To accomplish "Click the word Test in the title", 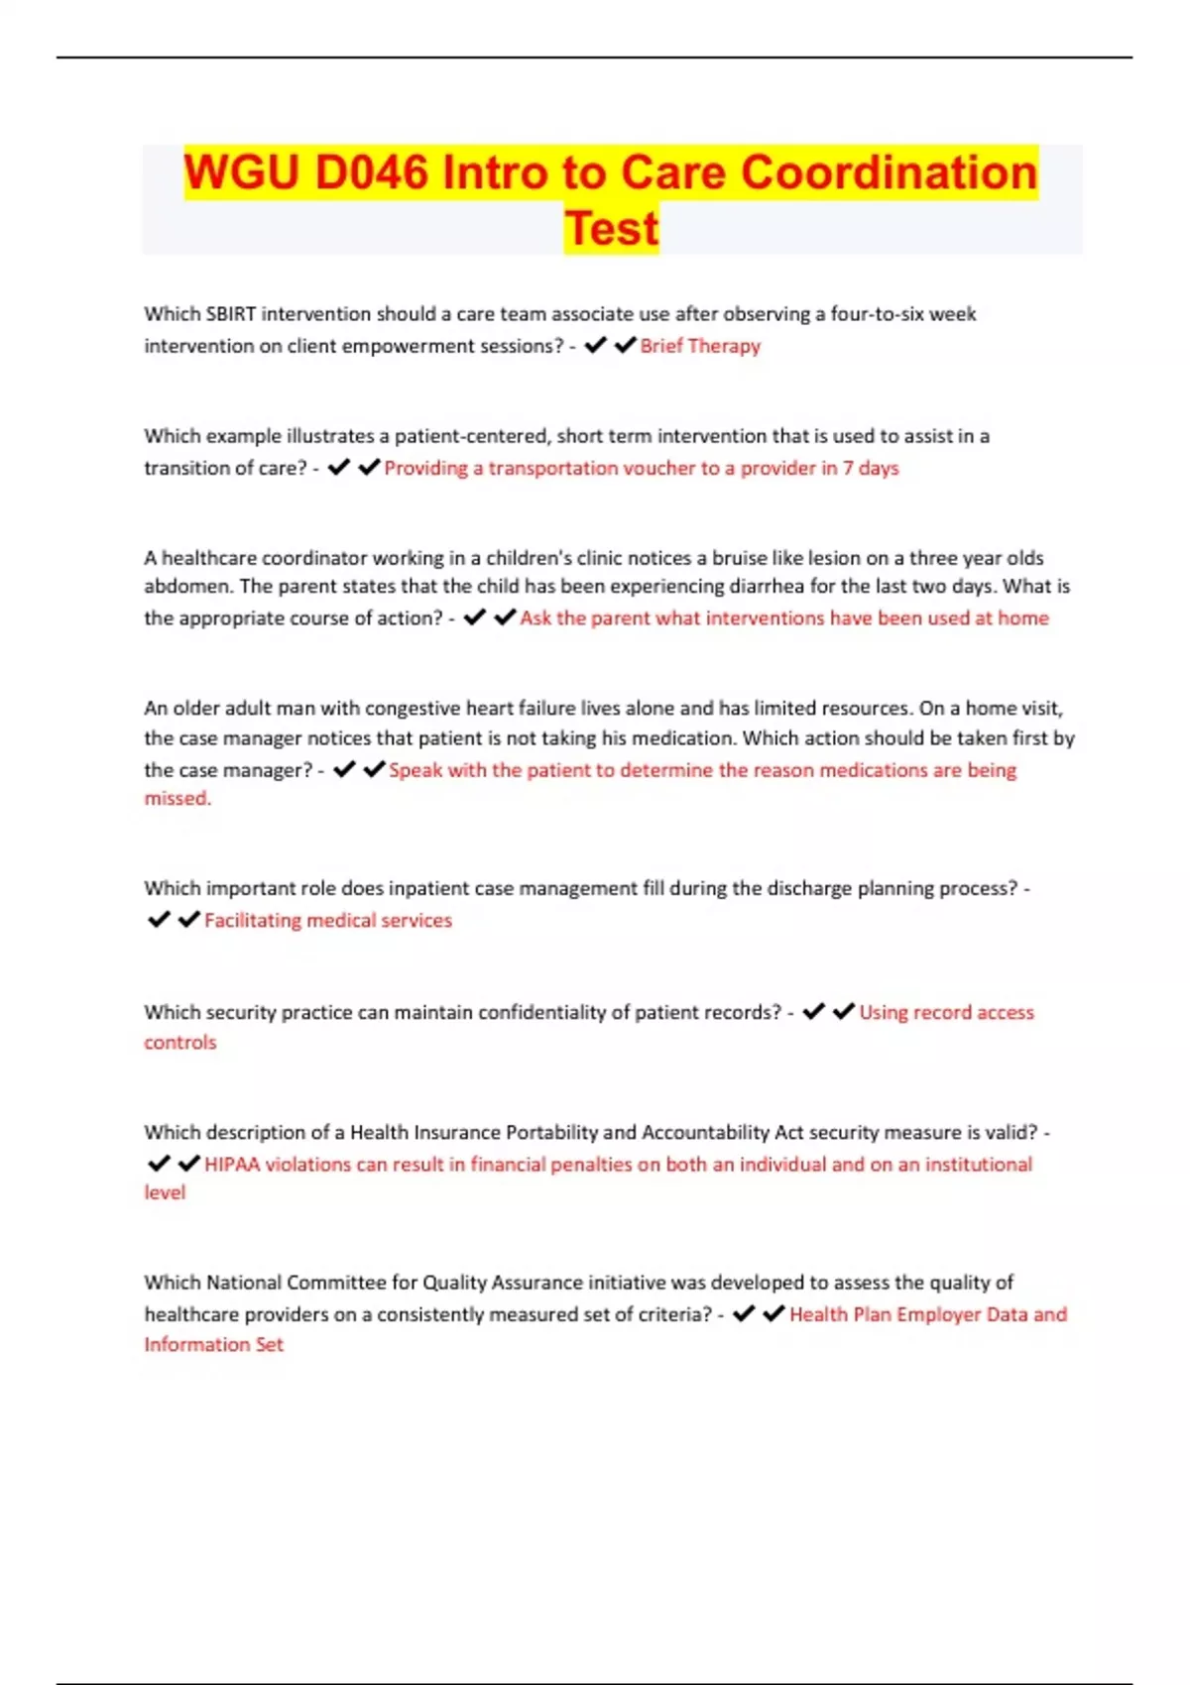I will (612, 228).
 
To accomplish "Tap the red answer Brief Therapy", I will (700, 346).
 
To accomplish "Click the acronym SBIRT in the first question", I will (230, 314).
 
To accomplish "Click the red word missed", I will (178, 798).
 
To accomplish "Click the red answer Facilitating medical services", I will (328, 921).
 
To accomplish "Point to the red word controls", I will (179, 1043).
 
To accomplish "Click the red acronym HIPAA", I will (232, 1165).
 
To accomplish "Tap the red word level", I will (165, 1192).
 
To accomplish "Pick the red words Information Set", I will (213, 1345).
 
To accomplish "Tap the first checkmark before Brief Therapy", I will (595, 345).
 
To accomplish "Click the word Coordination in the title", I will (889, 172).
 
